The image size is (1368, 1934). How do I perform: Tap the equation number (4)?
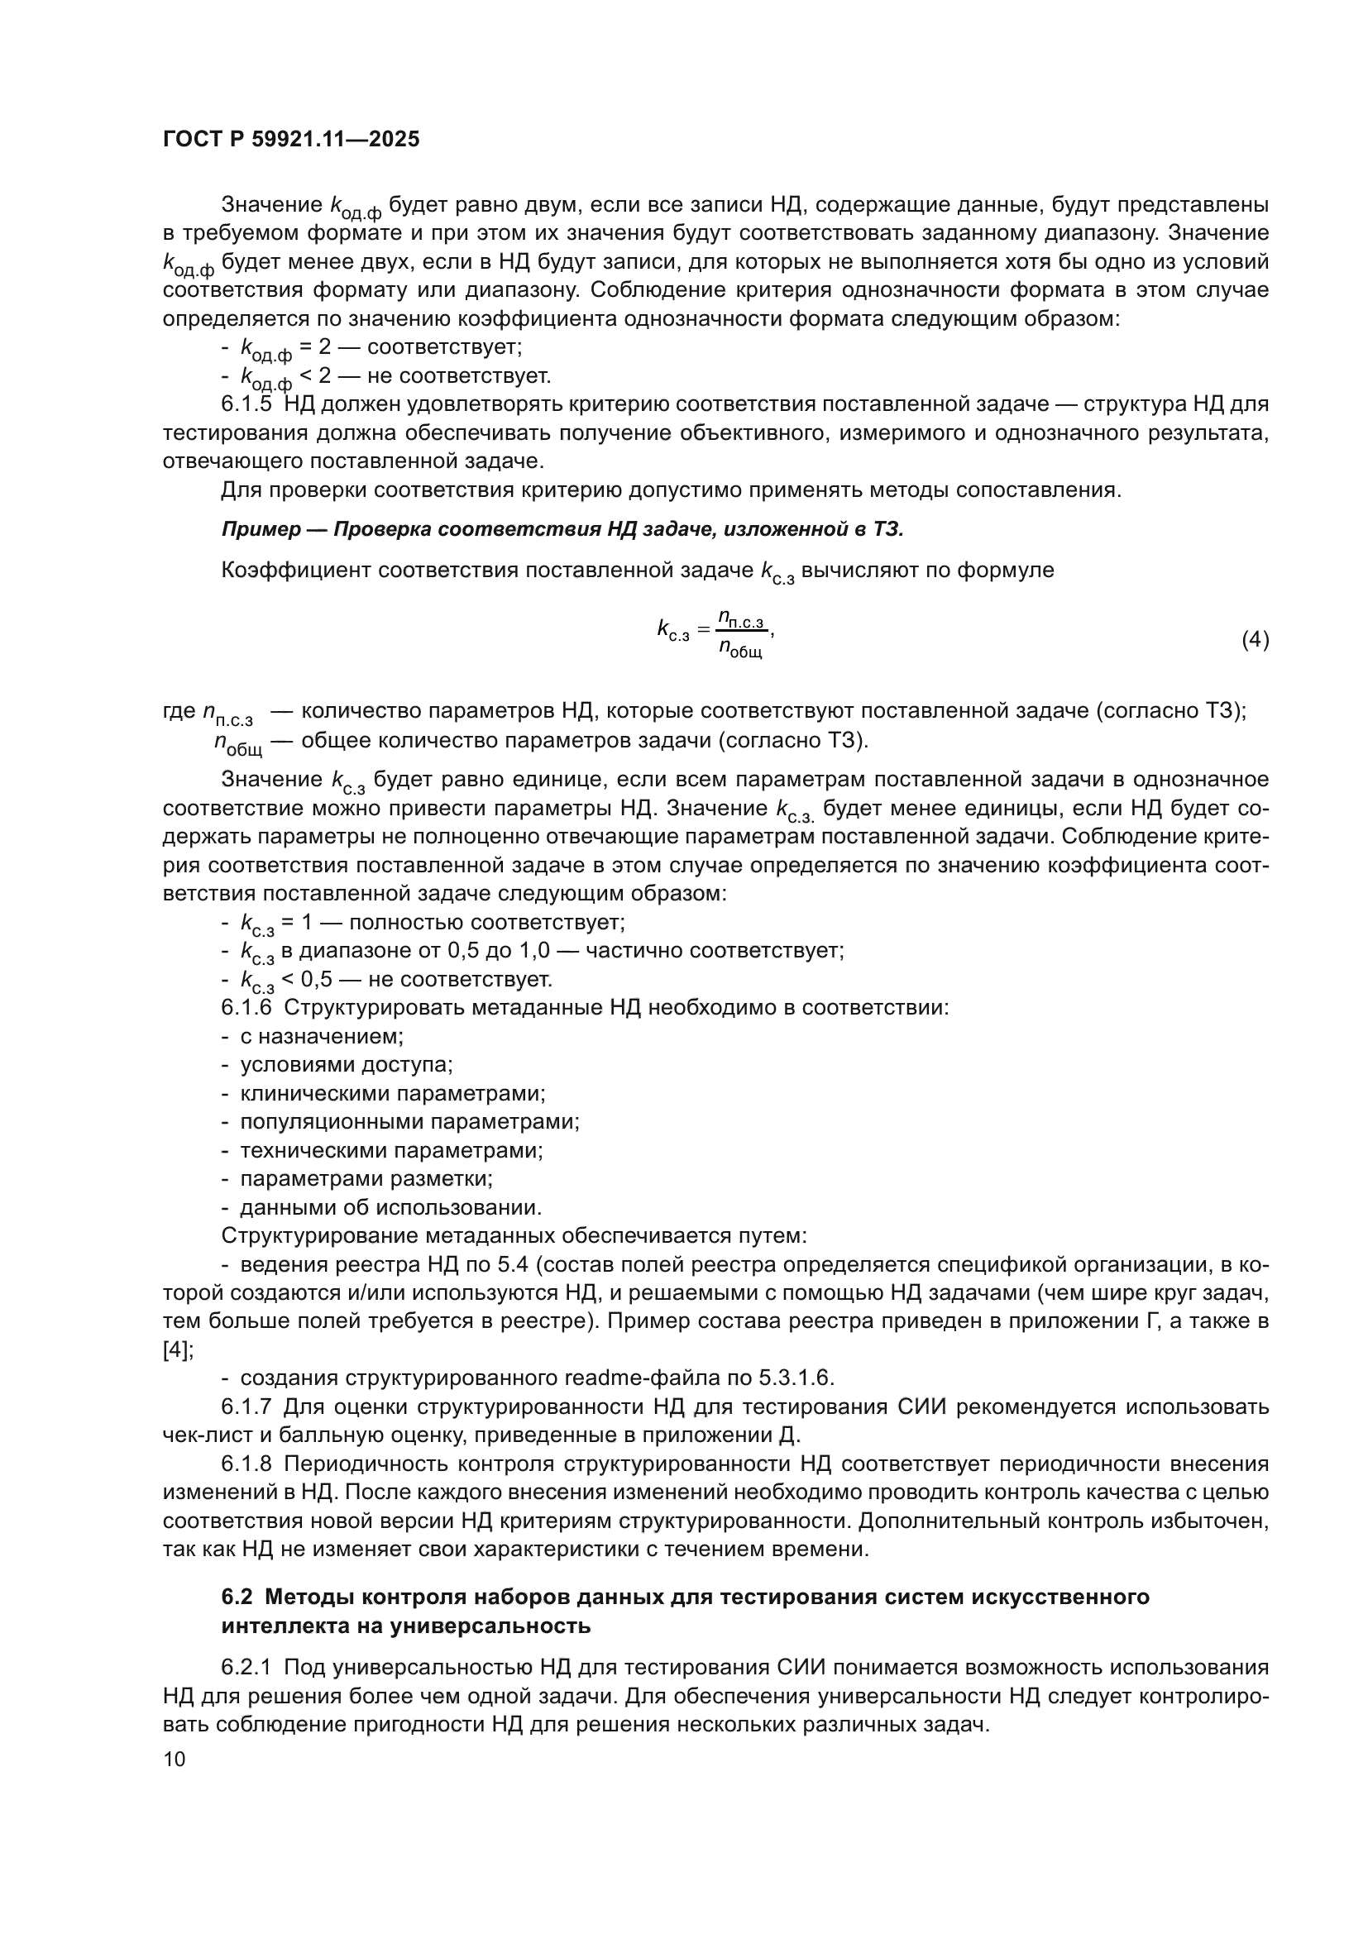[1255, 639]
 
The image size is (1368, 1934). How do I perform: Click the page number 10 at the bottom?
[174, 1758]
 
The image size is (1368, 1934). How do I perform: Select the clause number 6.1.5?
[246, 404]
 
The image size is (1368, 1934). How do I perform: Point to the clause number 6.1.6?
[246, 1007]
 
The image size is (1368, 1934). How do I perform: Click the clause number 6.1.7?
[246, 1406]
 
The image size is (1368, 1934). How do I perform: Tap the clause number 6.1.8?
[246, 1464]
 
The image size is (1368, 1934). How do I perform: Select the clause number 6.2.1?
[246, 1667]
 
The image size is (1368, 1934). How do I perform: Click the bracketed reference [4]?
[178, 1349]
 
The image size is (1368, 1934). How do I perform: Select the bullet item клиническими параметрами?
[393, 1093]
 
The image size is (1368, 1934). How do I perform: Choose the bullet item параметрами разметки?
[366, 1179]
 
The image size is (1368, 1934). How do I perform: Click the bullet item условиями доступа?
[347, 1065]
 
